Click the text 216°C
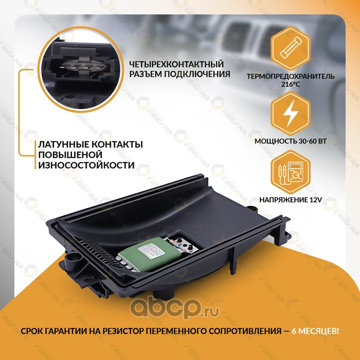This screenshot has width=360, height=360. pos(290,84)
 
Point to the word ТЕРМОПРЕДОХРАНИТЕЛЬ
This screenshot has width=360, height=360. pos(290,76)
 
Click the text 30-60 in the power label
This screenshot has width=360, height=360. pos(307,141)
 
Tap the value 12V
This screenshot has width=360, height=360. pos(316,200)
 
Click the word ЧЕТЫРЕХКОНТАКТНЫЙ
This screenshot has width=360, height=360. pos(176,64)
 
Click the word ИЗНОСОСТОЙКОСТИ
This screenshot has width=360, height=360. pos(86,165)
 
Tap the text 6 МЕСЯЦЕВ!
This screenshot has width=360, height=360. pos(315,331)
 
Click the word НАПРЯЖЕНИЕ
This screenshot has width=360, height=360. pos(284,200)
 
